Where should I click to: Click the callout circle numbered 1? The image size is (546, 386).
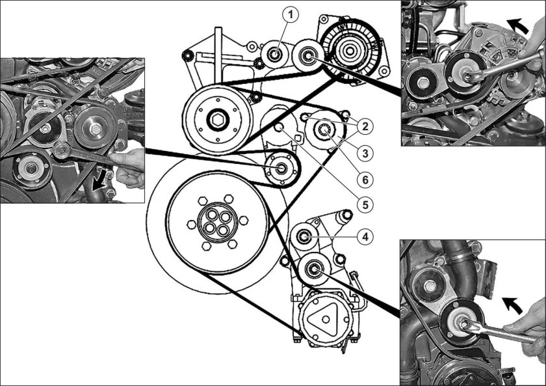click(291, 15)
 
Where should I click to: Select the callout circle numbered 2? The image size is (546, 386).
click(365, 126)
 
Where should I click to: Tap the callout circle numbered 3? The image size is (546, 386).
click(365, 153)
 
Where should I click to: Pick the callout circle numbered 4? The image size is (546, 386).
click(365, 237)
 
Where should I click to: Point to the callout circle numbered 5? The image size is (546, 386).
click(365, 204)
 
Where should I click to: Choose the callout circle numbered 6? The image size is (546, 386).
click(365, 180)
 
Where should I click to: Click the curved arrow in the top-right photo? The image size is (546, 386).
click(517, 25)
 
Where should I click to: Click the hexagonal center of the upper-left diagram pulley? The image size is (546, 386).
click(218, 120)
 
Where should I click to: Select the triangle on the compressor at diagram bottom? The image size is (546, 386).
click(324, 319)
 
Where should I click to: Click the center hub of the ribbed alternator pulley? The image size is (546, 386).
click(349, 51)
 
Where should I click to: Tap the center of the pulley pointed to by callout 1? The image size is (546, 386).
click(275, 55)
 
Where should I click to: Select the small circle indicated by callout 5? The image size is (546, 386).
click(279, 128)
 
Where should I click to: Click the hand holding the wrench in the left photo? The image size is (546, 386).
click(129, 167)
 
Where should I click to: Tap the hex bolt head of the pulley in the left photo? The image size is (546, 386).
click(96, 129)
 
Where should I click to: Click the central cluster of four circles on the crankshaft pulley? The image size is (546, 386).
click(217, 223)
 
